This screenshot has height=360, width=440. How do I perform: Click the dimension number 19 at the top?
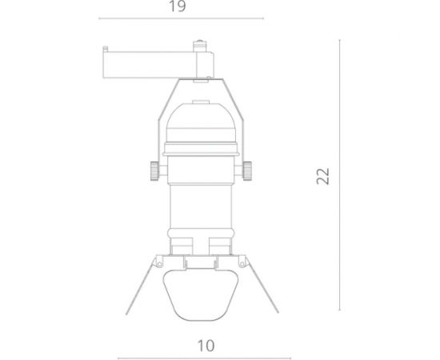click(x=178, y=7)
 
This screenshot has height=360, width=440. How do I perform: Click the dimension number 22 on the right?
click(x=323, y=177)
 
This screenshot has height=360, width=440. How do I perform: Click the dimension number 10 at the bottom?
click(x=206, y=346)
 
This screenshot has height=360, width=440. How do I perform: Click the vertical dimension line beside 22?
click(x=342, y=177)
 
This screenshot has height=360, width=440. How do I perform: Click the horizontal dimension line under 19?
click(x=178, y=19)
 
